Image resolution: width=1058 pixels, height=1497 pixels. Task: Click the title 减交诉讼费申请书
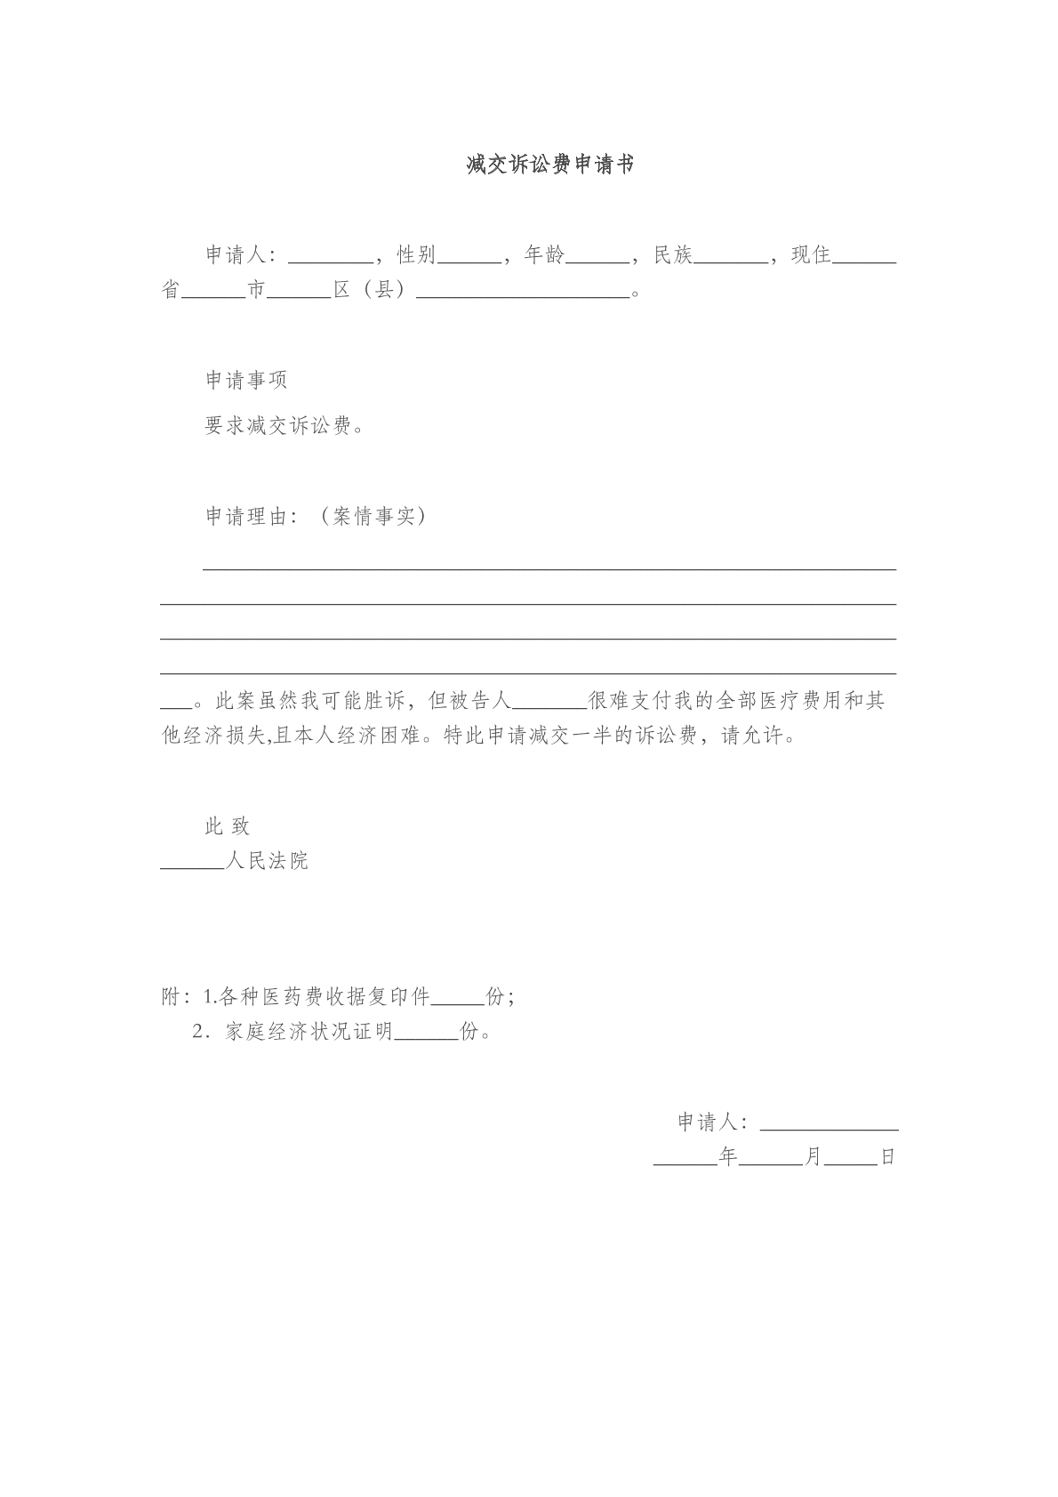550,165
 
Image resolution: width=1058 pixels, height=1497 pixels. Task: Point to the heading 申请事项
246,381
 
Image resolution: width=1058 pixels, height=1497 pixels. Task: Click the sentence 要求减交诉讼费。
285,426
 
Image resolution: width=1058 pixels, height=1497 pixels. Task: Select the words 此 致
228,826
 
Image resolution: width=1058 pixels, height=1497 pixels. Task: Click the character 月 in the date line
814,1157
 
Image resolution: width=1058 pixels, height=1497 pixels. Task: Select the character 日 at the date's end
887,1157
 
